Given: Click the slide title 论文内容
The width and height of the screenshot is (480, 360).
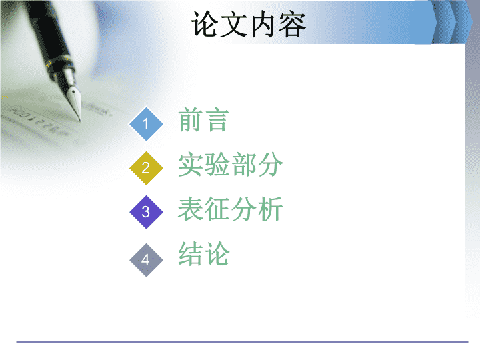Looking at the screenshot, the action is [248, 24].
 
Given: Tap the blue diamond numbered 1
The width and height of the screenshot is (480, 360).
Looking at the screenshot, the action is [146, 124].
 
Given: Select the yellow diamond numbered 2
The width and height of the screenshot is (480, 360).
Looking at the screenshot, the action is [146, 168].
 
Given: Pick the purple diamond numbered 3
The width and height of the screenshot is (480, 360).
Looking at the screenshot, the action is [146, 212].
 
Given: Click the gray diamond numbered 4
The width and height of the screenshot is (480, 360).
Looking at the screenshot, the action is [146, 260].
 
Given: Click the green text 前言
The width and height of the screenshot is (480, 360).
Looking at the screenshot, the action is [203, 119].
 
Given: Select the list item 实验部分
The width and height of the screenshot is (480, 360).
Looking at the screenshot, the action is [231, 165].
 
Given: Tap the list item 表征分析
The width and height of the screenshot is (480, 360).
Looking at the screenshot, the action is [230, 209].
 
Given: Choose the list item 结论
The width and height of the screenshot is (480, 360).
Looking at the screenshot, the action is [204, 253].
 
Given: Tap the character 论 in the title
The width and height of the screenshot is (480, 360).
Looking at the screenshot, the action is [205, 24].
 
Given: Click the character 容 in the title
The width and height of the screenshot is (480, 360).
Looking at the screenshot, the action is [293, 24].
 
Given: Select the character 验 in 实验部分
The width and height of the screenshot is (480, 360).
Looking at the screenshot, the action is [217, 165].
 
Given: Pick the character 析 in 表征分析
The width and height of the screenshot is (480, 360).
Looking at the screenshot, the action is [270, 209].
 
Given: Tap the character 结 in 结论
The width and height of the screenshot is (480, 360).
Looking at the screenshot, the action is [191, 253].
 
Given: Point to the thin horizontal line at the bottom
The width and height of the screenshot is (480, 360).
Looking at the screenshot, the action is [242, 342].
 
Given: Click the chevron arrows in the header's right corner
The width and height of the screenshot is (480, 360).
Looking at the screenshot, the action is [452, 22].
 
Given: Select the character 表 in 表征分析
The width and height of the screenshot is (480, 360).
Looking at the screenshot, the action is [191, 209].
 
